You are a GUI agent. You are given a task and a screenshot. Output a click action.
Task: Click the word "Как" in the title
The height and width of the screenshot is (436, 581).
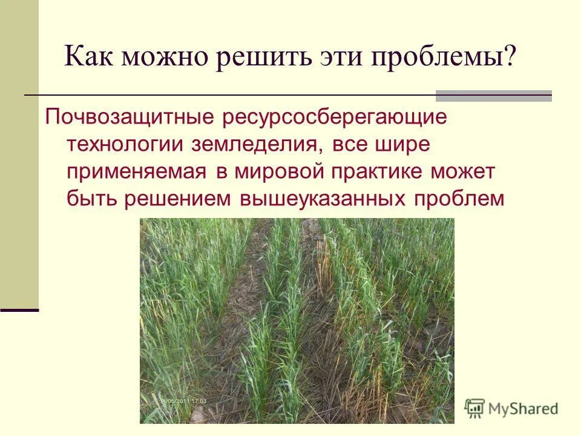pyautogui.click(x=89, y=59)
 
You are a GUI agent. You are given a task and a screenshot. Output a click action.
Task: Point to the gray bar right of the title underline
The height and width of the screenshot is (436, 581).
pyautogui.click(x=494, y=95)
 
